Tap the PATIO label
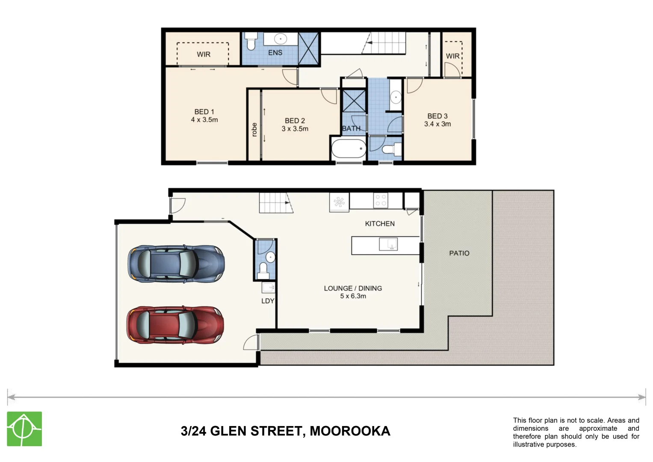(x=459, y=253)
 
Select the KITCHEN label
(x=379, y=224)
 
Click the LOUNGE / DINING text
(x=353, y=288)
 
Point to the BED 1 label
(x=204, y=112)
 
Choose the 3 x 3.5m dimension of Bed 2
(x=295, y=129)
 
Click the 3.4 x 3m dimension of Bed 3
(x=437, y=124)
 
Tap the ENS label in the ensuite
(x=275, y=53)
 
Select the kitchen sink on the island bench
(x=388, y=244)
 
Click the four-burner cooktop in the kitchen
(x=381, y=200)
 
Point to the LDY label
(x=268, y=301)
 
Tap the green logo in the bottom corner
(x=24, y=429)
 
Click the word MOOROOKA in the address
(x=350, y=431)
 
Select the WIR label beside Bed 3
(x=452, y=56)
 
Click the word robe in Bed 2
(x=254, y=130)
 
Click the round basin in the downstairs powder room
(x=270, y=257)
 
